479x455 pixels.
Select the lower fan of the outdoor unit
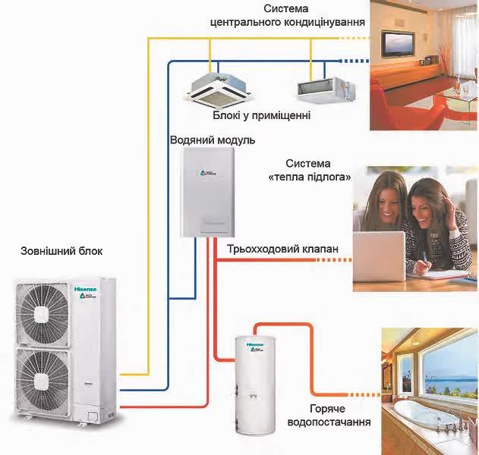tap(47, 384)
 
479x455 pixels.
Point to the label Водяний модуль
tap(213, 141)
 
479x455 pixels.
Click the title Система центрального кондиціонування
tap(287, 15)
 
